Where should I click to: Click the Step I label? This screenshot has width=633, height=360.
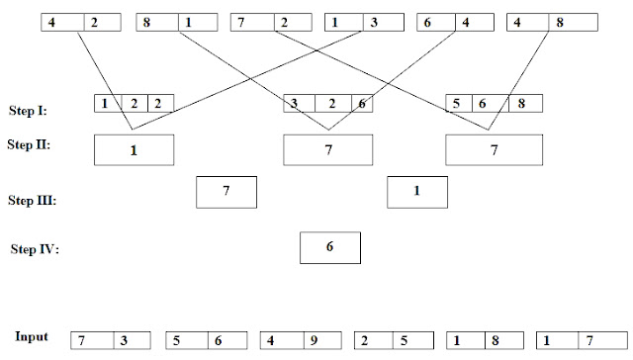[28, 111]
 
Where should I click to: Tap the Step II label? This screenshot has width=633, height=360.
[29, 144]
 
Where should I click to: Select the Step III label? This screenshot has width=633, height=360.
[32, 200]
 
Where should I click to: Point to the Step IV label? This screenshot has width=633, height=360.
[35, 249]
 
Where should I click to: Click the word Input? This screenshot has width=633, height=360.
[32, 336]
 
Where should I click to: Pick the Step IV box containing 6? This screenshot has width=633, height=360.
[330, 248]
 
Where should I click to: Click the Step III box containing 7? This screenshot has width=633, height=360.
[226, 192]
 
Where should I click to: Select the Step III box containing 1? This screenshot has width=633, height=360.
[417, 192]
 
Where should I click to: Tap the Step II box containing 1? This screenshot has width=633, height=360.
[135, 150]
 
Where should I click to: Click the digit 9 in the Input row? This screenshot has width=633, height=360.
[314, 340]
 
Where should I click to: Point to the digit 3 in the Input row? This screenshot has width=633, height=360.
[124, 340]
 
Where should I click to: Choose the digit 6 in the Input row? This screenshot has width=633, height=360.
[218, 340]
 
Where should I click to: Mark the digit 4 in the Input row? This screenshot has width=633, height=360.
[270, 340]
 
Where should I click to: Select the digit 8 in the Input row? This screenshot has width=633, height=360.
[496, 340]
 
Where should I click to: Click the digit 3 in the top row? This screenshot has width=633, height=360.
[374, 22]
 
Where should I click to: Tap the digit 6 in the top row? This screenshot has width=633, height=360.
[427, 22]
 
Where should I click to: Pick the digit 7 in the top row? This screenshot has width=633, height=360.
[241, 22]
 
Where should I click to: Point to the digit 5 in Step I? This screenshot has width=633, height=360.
[456, 103]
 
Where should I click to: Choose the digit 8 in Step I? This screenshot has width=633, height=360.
[521, 103]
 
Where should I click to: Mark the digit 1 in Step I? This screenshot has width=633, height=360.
[105, 103]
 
